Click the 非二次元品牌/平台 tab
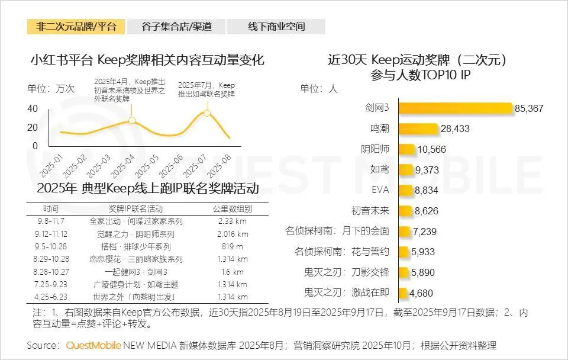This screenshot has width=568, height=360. point(76,27)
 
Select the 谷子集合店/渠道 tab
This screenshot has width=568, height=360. point(176,27)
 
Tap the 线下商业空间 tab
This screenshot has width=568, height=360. point(276,27)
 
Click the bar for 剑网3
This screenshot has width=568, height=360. point(454,108)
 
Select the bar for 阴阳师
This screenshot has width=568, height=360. point(406,149)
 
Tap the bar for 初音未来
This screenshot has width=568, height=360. point(404,210)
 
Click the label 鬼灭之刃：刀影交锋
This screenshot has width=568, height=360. point(346,272)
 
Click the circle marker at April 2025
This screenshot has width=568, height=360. point(132,120)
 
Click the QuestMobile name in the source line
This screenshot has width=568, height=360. point(93,345)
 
